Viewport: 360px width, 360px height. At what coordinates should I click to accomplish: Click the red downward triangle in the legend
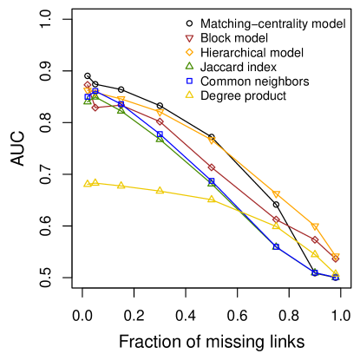click(189, 39)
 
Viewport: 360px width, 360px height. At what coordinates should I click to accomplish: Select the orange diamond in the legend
click(189, 52)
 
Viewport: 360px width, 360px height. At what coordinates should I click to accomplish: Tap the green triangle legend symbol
click(189, 66)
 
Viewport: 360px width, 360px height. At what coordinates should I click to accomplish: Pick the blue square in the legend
click(189, 81)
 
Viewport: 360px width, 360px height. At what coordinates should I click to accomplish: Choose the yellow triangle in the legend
click(189, 95)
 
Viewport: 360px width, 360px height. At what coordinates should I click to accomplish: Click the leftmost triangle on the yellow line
click(88, 183)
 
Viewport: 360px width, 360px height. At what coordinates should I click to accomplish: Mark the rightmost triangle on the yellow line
click(336, 273)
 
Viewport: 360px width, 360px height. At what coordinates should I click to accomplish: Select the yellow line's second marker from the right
click(315, 253)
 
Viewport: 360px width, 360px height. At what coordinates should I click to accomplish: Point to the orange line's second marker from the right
click(315, 227)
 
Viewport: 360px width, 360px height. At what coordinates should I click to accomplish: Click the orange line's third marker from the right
click(276, 194)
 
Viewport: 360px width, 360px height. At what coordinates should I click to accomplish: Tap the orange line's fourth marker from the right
click(212, 141)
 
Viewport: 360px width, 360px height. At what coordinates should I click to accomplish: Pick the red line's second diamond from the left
click(95, 107)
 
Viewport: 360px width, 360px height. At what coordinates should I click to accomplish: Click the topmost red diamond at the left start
click(88, 85)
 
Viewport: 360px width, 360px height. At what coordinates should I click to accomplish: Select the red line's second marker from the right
click(315, 239)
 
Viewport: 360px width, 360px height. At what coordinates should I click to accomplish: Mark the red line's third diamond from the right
click(276, 219)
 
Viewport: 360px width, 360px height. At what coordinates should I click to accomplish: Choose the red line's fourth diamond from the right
click(212, 167)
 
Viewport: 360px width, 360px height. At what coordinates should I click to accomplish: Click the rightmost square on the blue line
click(336, 277)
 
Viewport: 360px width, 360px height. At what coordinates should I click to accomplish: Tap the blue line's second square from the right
click(315, 272)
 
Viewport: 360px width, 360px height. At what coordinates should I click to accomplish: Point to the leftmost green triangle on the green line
click(88, 101)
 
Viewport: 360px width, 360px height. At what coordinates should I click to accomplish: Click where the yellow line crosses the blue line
click(239, 212)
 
